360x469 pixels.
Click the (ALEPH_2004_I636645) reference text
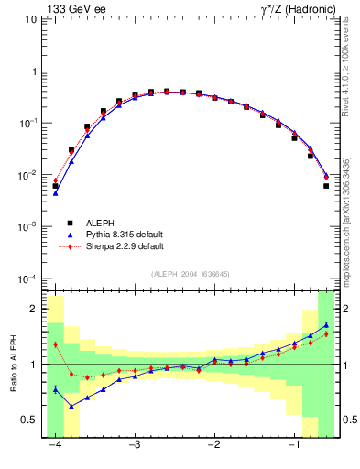tap(190, 275)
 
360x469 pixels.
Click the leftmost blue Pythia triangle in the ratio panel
tap(56, 389)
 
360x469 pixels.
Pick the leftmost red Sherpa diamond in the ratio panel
tap(56, 344)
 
